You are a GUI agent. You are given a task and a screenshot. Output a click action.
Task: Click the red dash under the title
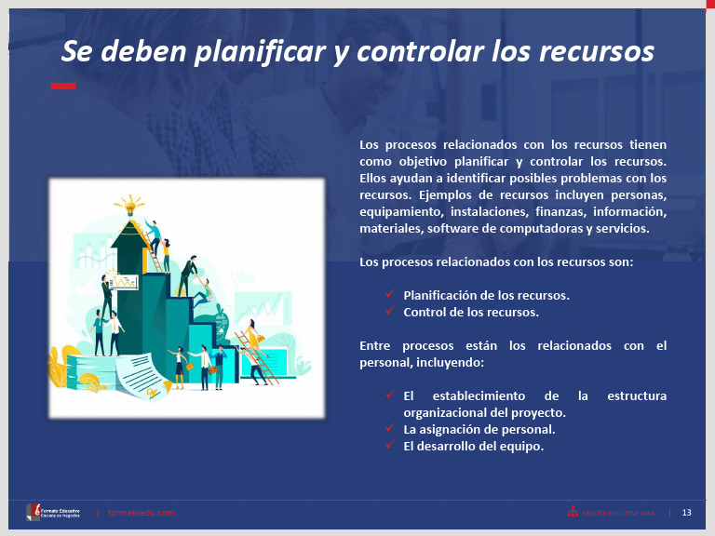coord(63,86)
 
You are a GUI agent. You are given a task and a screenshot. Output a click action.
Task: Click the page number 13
coord(687,513)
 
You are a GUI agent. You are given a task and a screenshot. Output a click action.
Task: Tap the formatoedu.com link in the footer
coord(142,513)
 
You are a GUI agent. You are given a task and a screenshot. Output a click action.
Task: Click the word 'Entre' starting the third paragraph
coord(375,345)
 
